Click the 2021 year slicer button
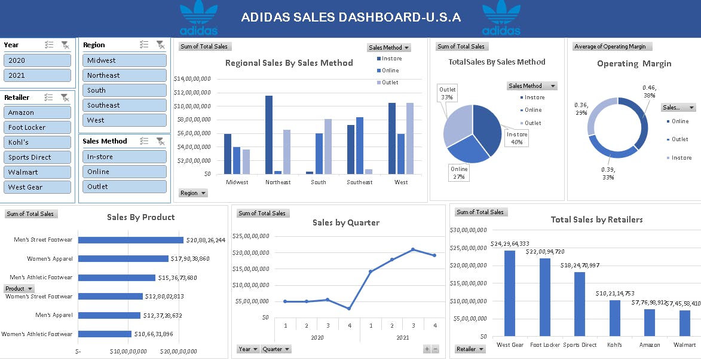pos(37,75)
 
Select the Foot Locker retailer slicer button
pos(37,127)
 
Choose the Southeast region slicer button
pos(124,105)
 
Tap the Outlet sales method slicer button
pos(124,187)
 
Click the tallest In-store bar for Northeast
pos(269,135)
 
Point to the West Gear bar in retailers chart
pos(510,293)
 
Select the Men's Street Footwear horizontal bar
pos(131,240)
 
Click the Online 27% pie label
pos(459,173)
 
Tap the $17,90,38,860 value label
pos(190,259)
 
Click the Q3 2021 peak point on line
pos(413,249)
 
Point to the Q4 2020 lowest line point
pos(349,309)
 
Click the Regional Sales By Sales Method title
pos(289,63)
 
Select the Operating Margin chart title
pos(633,63)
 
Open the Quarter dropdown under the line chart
pos(276,349)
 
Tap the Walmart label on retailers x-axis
pos(684,345)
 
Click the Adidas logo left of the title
pos(198,18)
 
